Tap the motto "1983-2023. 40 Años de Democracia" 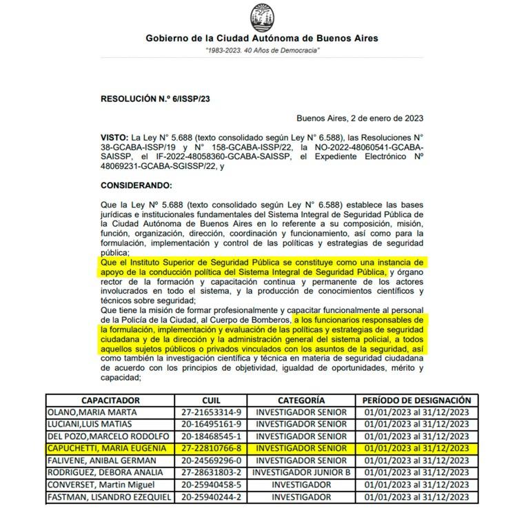262,52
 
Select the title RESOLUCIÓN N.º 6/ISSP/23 155,99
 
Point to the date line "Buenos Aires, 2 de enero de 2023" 360,118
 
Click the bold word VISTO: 114,138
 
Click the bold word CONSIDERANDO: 136,185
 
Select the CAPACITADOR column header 110,400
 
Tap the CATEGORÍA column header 301,400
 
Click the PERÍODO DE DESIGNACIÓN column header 416,400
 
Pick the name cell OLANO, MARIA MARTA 92,412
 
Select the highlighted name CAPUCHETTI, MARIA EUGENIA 107,448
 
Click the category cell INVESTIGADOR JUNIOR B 301,472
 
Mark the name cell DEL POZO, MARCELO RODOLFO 108,436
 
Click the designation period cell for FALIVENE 416,460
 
